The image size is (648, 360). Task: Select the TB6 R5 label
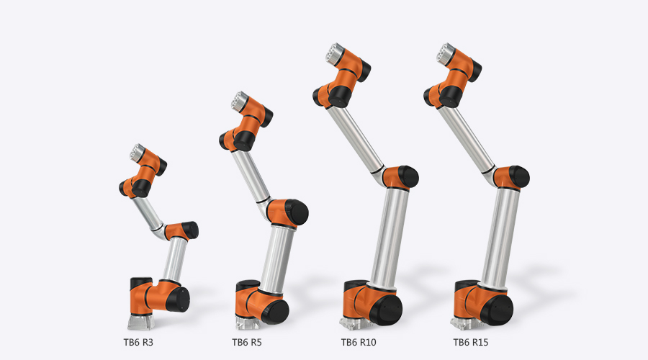point(246,342)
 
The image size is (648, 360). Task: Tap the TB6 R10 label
point(359,342)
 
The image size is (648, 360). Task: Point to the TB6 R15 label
point(471,342)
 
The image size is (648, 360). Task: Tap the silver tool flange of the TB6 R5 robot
point(238,101)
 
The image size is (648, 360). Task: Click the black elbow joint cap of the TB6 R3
point(190,230)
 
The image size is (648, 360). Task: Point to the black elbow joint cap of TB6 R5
point(297,211)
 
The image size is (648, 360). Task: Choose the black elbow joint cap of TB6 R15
point(520,176)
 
